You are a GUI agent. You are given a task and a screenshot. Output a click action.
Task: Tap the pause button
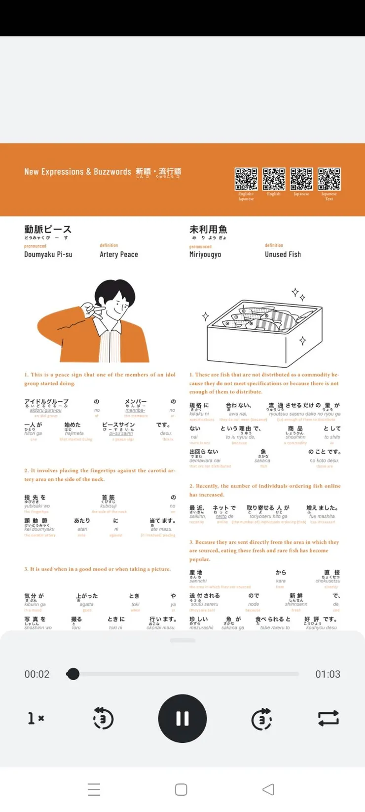point(182,718)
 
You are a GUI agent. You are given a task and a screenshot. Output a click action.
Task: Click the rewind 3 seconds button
point(103,719)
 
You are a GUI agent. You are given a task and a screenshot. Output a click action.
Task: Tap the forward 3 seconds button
point(261,719)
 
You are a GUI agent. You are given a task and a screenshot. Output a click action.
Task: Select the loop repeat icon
point(328,718)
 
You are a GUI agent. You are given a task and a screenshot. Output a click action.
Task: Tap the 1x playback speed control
point(36,718)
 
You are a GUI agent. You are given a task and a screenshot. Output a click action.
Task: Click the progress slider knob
point(73,674)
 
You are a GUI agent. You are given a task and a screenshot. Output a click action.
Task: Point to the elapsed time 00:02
point(37,674)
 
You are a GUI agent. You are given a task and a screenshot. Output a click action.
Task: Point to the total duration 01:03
point(328,674)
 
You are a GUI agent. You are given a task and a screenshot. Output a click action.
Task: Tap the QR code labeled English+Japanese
point(246,179)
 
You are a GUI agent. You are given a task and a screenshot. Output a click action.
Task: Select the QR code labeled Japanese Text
point(329,179)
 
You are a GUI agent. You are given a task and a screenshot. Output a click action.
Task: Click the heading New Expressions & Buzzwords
point(77,172)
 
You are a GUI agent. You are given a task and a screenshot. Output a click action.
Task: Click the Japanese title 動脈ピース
point(48,230)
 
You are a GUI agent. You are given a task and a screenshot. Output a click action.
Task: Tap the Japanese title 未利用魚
point(208,230)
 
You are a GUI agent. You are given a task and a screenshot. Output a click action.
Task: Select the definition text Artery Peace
point(119,254)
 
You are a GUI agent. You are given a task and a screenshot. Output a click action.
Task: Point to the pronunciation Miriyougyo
point(205,254)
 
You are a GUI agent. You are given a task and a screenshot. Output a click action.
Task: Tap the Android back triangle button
point(268,789)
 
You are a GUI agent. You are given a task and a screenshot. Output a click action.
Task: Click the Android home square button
point(181,789)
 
